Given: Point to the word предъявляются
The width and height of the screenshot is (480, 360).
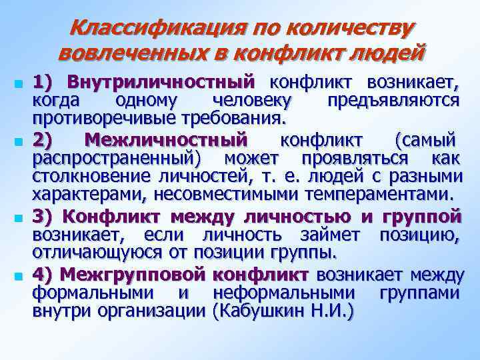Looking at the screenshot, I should (x=394, y=101).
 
